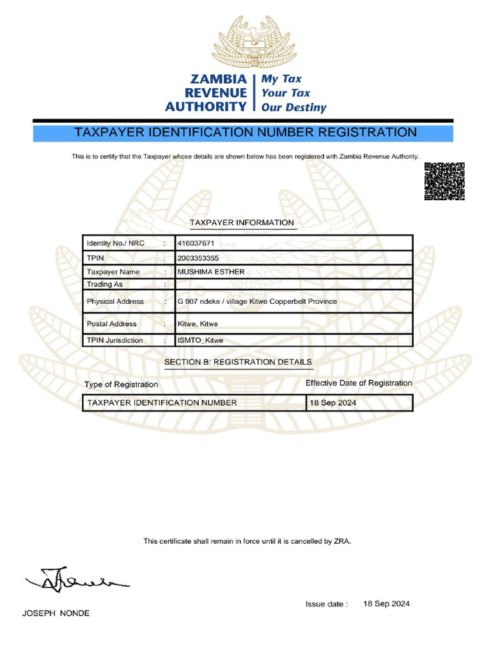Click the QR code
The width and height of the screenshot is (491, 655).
pos(444,182)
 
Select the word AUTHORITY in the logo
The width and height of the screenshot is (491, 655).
pos(205,107)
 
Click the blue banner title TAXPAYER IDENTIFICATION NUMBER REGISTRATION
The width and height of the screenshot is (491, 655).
pos(245,133)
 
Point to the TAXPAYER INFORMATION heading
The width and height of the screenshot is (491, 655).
pos(242,223)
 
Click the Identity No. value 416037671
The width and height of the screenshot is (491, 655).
pos(196,244)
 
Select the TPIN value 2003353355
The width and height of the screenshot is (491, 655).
pos(198,258)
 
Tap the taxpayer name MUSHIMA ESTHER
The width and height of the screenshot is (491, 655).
pos(211,272)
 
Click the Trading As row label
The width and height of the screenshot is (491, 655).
pos(105,284)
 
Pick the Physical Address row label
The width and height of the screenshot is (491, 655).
pos(115,301)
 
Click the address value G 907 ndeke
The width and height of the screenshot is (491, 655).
pos(256,301)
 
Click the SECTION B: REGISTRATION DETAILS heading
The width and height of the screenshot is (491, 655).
pos(238,362)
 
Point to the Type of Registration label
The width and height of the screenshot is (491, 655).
pos(121,384)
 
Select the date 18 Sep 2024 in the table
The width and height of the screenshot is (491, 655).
pos(333,403)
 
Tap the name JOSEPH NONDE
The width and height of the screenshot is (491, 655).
pos(56,613)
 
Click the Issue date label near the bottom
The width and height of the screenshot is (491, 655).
pos(327,604)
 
